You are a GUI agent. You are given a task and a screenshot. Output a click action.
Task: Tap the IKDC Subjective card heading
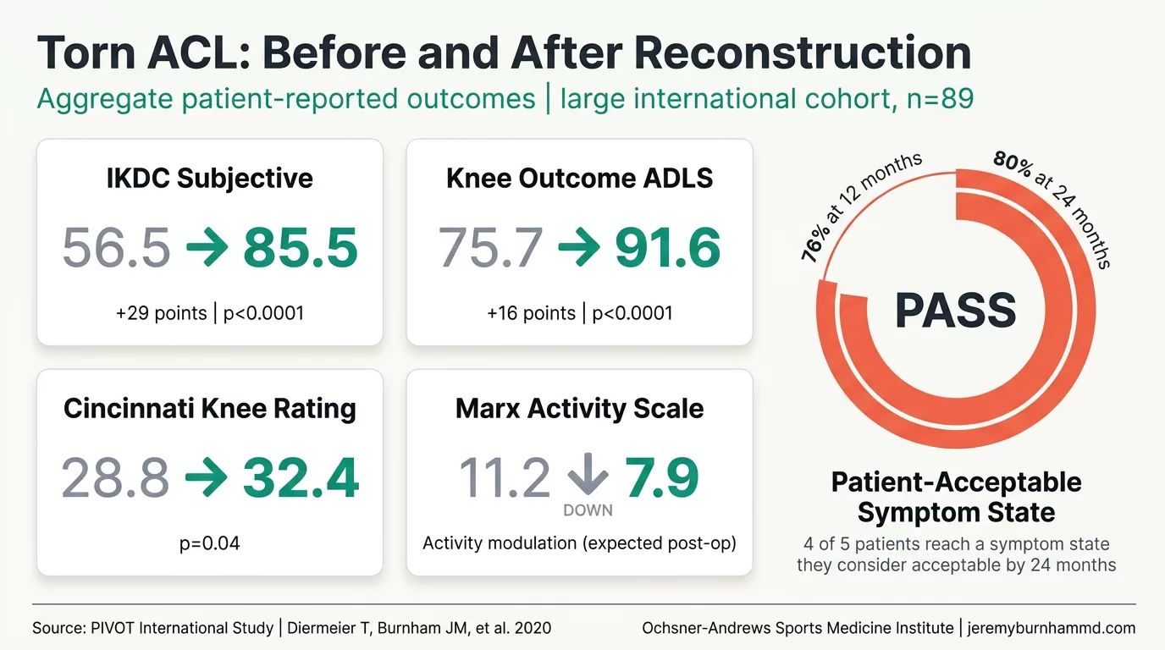click(x=209, y=179)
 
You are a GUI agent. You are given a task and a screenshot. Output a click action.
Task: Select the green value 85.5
click(x=301, y=248)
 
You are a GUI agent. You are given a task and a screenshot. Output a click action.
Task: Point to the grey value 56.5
click(x=116, y=248)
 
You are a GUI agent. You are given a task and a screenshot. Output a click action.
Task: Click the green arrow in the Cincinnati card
click(x=206, y=478)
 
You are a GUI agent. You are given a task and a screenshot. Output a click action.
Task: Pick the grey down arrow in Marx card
click(x=588, y=476)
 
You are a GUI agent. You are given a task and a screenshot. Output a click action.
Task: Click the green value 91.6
click(x=668, y=248)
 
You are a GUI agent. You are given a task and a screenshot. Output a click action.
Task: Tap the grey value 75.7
click(x=490, y=248)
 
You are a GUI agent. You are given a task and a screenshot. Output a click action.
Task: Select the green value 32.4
click(x=301, y=478)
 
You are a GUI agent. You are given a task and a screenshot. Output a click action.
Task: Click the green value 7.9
click(x=661, y=478)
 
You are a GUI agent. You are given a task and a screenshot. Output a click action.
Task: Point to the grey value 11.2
click(x=504, y=478)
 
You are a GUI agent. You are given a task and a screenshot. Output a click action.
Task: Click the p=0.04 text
click(x=209, y=543)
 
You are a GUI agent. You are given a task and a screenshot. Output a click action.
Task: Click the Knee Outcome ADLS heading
click(x=579, y=179)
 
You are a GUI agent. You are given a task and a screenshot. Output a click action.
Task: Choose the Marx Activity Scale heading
click(x=579, y=409)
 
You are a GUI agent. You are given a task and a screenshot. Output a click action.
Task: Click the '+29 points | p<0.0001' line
click(x=209, y=313)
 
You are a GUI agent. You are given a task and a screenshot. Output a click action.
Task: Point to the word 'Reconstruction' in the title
click(x=802, y=53)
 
